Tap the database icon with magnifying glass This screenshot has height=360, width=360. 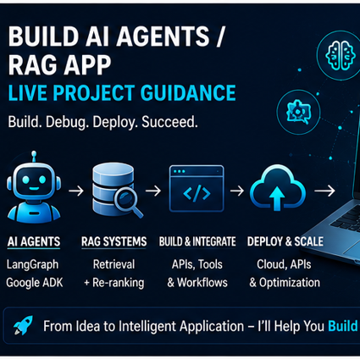pyautogui.click(x=116, y=190)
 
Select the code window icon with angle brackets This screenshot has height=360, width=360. pyautogui.click(x=197, y=189)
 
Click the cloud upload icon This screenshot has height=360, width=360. pyautogui.click(x=278, y=188)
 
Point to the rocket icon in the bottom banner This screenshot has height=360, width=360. pyautogui.click(x=23, y=325)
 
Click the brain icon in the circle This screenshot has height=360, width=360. pyautogui.click(x=340, y=55)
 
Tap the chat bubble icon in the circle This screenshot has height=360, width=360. pyautogui.click(x=298, y=112)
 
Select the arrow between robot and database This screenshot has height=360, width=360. pyautogui.click(x=76, y=191)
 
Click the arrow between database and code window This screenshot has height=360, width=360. pyautogui.click(x=153, y=191)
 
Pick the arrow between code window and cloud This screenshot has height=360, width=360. pyautogui.click(x=237, y=191)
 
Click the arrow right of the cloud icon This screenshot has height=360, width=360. pyautogui.click(x=324, y=191)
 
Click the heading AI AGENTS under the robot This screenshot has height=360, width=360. pyautogui.click(x=34, y=241)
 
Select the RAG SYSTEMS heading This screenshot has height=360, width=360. pyautogui.click(x=114, y=241)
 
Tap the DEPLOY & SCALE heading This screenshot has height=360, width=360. pyautogui.click(x=285, y=241)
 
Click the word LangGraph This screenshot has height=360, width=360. pyautogui.click(x=32, y=265)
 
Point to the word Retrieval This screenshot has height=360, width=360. pyautogui.click(x=114, y=264)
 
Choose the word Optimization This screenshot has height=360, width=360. pyautogui.click(x=290, y=283)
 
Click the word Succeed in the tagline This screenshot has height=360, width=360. pyautogui.click(x=169, y=122)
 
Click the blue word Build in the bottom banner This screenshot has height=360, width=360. pyautogui.click(x=342, y=326)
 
